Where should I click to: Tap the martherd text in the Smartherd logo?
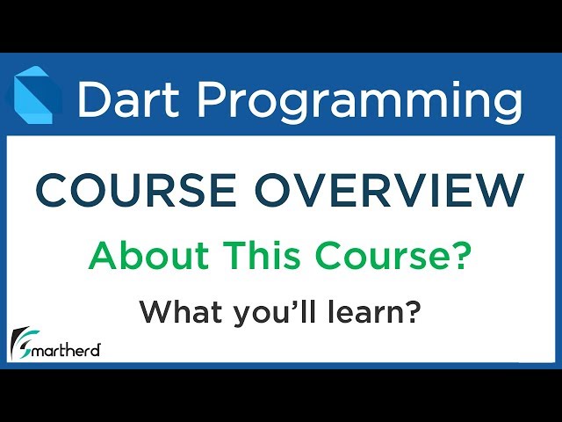(x=68, y=350)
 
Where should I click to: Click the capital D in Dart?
(x=93, y=99)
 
